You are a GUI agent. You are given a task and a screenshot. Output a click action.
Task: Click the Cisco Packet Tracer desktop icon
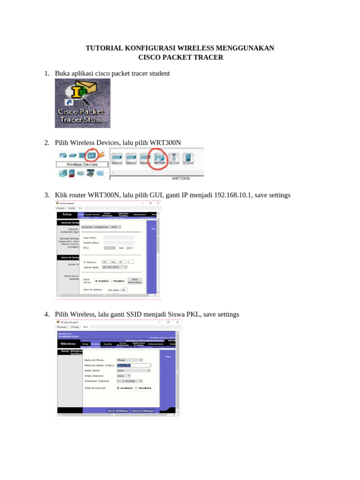[82, 103]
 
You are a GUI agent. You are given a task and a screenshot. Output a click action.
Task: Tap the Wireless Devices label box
[82, 165]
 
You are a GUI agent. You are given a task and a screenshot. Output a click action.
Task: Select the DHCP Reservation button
[135, 281]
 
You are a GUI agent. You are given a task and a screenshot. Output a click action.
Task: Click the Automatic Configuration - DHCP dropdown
[101, 226]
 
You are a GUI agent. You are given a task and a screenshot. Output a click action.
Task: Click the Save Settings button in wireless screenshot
[118, 411]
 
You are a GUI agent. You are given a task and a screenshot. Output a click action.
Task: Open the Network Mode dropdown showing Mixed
[129, 360]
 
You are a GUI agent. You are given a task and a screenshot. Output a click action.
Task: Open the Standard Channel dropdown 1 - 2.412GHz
[129, 381]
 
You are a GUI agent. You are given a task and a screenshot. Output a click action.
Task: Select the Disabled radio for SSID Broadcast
[136, 388]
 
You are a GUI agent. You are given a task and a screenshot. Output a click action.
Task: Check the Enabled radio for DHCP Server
[97, 281]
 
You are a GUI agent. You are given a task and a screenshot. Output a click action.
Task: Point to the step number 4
[46, 314]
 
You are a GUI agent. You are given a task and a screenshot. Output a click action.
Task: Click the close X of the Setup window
[158, 203]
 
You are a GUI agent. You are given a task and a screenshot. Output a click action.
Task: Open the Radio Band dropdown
[134, 370]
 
